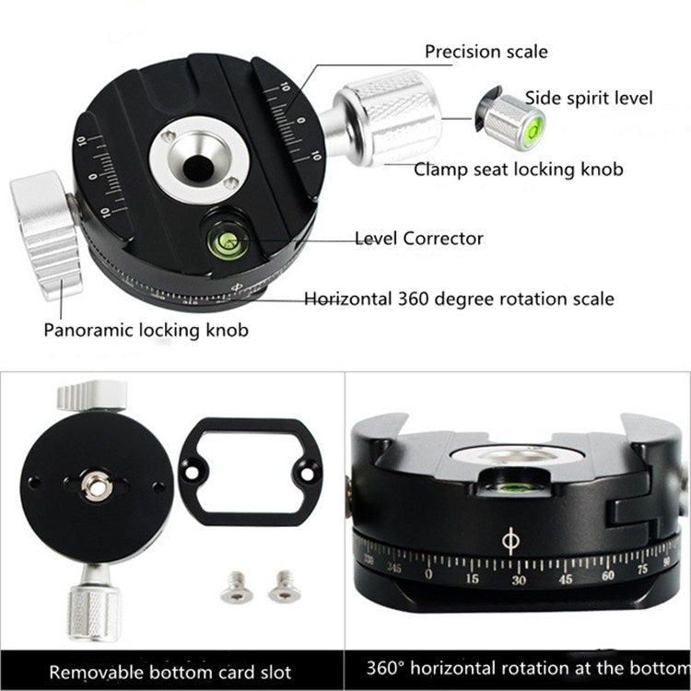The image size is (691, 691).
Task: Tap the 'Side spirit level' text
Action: coord(589,99)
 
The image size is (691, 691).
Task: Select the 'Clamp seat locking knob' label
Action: coord(518,169)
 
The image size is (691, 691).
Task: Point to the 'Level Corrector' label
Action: coord(419,239)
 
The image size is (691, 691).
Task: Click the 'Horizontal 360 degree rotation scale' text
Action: coord(459,299)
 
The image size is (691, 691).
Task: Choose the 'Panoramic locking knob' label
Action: coord(146,329)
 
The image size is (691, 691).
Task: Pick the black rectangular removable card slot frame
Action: coord(250,471)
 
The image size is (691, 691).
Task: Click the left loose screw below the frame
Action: coord(238,586)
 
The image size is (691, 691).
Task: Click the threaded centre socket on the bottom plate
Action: coord(94,486)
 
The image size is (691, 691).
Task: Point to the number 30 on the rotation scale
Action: coord(519,580)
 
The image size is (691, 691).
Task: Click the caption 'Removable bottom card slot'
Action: coord(171,671)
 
